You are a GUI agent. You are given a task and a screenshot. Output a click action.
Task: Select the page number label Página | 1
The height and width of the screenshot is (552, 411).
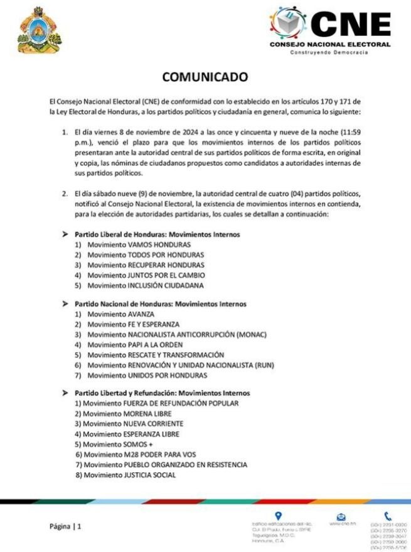coord(66,526)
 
